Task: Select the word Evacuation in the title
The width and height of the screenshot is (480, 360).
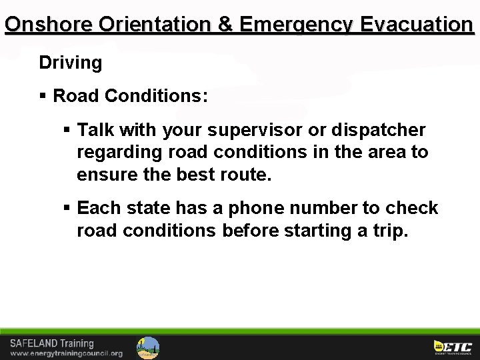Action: click(x=417, y=25)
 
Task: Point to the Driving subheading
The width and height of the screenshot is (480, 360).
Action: click(x=71, y=63)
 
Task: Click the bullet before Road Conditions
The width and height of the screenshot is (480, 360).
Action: click(x=43, y=97)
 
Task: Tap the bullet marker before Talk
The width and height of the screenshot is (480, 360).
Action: click(x=67, y=130)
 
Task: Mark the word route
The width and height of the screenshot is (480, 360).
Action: click(x=248, y=175)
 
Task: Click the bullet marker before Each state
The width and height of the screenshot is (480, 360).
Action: click(x=67, y=209)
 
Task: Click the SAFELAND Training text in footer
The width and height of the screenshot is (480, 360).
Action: click(x=52, y=343)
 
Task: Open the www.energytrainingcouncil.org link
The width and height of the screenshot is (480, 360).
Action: click(x=66, y=353)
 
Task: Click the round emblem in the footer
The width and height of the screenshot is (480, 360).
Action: click(x=148, y=347)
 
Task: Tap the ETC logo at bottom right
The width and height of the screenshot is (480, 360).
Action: click(x=453, y=347)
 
